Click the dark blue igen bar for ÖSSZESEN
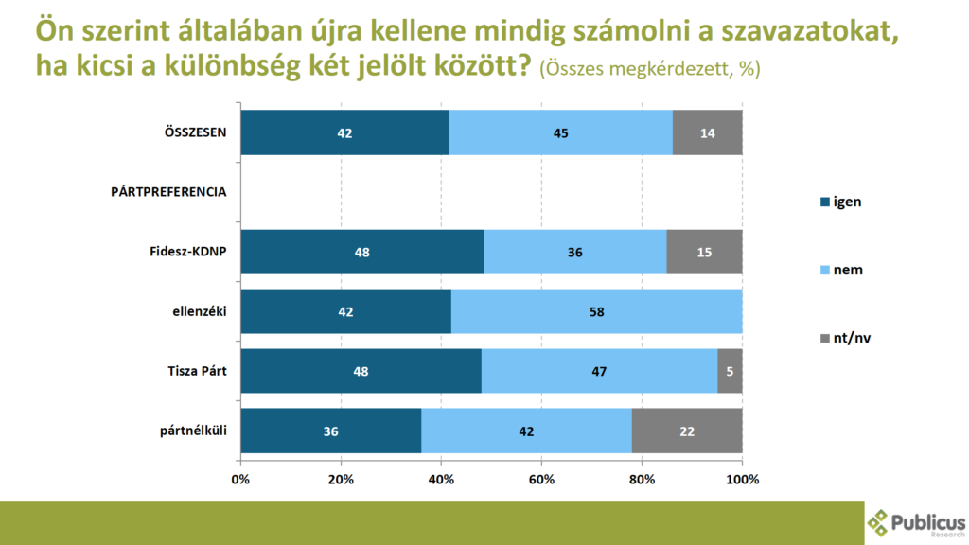344,132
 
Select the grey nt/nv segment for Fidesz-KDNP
704,252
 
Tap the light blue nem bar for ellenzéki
596,311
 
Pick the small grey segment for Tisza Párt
730,371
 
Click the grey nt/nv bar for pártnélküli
686,431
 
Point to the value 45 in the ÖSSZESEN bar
561,133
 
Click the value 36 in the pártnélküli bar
330,431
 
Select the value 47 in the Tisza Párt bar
599,372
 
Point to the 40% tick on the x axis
441,479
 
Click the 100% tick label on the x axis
742,479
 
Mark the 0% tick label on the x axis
240,479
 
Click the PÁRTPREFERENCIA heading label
168,192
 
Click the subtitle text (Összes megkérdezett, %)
650,69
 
